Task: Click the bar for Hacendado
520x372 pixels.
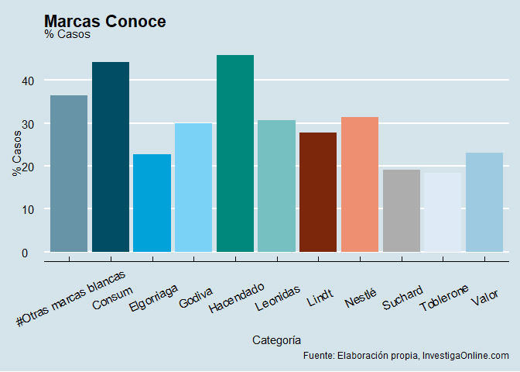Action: point(234,153)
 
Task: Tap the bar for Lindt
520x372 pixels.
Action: point(318,192)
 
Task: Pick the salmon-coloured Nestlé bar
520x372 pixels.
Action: point(360,184)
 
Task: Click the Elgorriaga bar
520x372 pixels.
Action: point(152,203)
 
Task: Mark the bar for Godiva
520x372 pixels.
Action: point(193,188)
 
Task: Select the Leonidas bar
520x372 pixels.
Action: point(276,186)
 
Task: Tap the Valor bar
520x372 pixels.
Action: point(484,202)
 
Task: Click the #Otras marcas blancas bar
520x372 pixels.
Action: point(69,174)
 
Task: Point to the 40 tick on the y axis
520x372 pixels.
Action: point(27,81)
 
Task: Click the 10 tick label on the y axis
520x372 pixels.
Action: point(27,210)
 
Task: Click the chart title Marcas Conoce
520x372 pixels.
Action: point(105,22)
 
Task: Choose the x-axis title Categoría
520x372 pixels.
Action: point(276,339)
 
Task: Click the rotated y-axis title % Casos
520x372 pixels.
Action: point(17,153)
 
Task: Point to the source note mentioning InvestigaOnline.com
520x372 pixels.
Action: point(406,356)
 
